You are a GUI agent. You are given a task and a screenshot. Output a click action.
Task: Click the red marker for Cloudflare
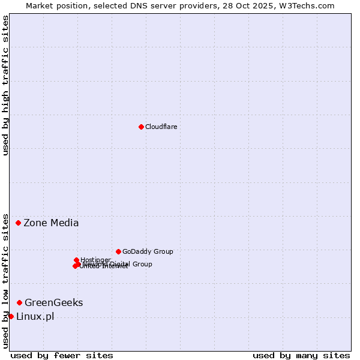coord(141,127)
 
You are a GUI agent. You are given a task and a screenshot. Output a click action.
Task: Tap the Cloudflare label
coord(161,127)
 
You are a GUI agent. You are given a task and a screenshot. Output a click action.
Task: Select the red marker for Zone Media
coord(18,223)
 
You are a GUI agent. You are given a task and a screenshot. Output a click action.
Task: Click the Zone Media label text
coord(51,223)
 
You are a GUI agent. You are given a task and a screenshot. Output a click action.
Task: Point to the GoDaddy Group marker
coord(118,251)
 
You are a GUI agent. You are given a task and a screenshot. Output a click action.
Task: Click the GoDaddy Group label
coord(148,251)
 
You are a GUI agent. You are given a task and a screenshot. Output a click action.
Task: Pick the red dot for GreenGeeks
coord(20,302)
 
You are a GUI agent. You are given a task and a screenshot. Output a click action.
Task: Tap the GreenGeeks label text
coord(53,302)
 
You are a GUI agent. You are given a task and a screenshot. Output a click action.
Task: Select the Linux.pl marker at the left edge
coord(11,316)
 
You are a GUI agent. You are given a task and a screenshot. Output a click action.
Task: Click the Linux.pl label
coord(35,316)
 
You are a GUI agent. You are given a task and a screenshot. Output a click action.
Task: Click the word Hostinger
coord(95,260)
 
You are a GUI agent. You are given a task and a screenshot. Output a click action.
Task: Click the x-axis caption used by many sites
coord(301,355)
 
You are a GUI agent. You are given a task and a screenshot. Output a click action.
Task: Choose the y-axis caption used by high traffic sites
coord(5,85)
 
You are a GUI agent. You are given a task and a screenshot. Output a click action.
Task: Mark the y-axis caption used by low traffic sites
coord(5,280)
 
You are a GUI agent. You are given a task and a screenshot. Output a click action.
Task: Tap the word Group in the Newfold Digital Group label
coord(142,264)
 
